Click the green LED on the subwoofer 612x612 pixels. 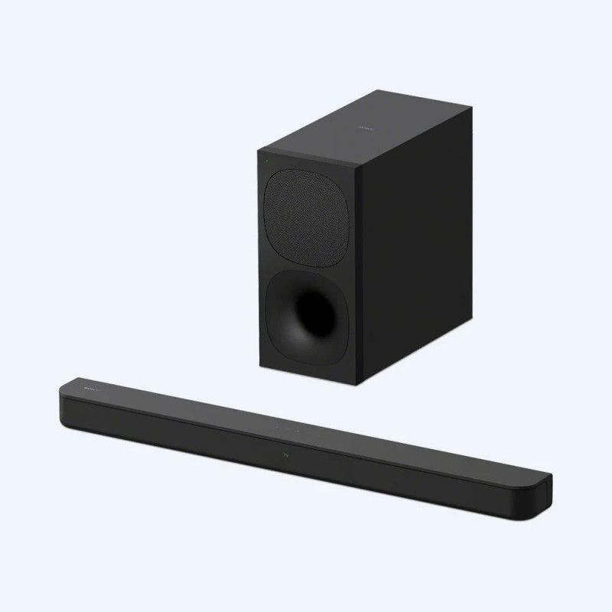pyautogui.click(x=265, y=161)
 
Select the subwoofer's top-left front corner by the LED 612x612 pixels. pyautogui.click(x=259, y=151)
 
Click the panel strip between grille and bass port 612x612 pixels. pyautogui.click(x=306, y=265)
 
